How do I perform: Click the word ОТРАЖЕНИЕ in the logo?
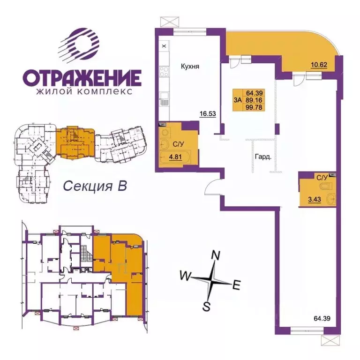click(x=82, y=77)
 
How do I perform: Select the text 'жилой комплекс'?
click(x=82, y=91)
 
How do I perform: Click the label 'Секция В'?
click(x=95, y=186)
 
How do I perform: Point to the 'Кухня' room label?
click(x=190, y=67)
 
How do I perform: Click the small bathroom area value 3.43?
click(x=309, y=199)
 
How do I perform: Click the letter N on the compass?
click(x=216, y=255)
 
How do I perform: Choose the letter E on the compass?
click(x=237, y=284)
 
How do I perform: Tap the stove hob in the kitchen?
click(x=164, y=73)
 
